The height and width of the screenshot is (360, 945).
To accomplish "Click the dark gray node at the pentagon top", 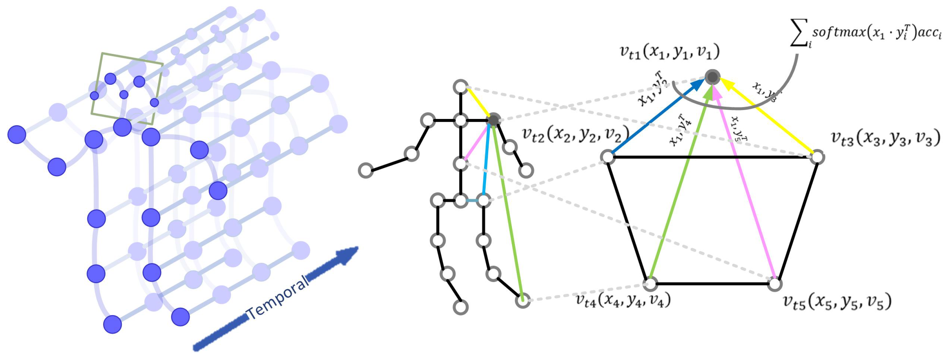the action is [712, 77].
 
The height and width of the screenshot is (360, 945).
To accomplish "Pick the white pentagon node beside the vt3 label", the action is [817, 157].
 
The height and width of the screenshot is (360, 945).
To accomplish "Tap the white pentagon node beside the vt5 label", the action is [775, 284].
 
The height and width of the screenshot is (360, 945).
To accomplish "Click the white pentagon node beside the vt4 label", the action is [650, 284].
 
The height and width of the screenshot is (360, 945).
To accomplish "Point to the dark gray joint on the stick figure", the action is [493, 120].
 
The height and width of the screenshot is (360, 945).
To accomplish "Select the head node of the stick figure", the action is [460, 87].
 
